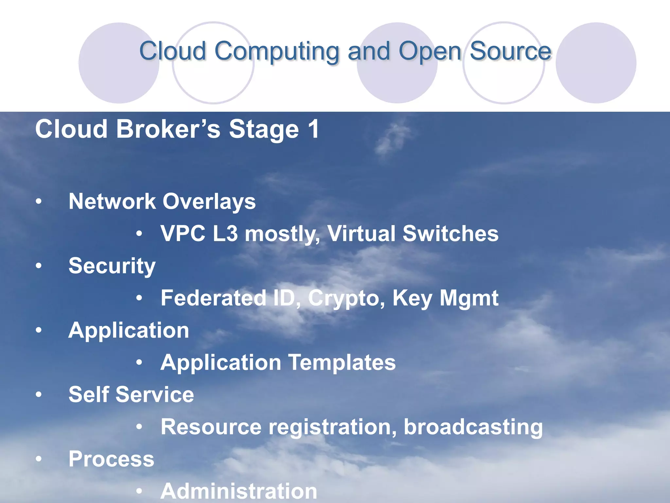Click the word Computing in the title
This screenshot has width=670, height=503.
pos(277,51)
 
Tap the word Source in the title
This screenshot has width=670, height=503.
pos(510,51)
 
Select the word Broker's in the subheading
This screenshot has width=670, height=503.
pos(168,129)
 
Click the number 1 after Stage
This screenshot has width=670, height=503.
pos(313,129)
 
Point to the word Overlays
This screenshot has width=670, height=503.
pos(209,201)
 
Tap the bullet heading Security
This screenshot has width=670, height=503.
pos(112,266)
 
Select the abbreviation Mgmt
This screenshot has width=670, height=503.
pos(468,298)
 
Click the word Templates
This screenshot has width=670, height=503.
pos(342,363)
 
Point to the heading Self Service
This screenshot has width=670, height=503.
pos(131,395)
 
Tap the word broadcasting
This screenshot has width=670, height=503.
pos(473,427)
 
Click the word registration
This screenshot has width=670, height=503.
pos(332,427)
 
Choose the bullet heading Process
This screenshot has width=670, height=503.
pos(111,459)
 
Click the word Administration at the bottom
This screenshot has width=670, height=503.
pos(239,491)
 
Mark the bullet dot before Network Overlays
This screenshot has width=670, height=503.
pos(39,202)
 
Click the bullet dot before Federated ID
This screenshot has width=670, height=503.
pos(139,298)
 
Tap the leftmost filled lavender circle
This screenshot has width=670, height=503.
pos(118,63)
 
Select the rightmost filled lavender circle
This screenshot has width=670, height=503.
pos(596,63)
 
